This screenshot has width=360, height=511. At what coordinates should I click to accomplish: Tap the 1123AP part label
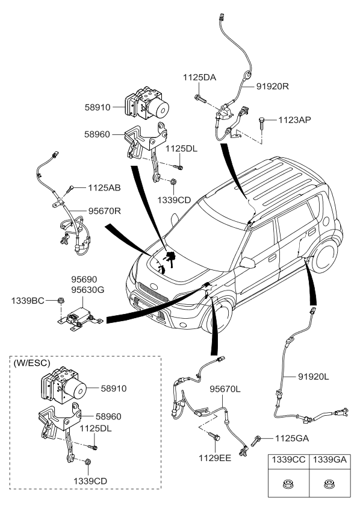tap(294, 120)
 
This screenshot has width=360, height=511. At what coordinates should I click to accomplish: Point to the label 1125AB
tap(104, 188)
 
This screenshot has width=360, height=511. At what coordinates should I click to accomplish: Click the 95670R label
tap(104, 212)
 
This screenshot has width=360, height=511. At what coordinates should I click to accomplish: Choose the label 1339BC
tap(27, 300)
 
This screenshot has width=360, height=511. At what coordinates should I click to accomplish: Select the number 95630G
tap(87, 290)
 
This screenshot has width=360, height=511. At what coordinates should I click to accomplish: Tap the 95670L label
tap(225, 390)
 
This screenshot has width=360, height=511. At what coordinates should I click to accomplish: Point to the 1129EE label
tap(216, 458)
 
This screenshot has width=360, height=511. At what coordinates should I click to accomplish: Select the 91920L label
tap(314, 377)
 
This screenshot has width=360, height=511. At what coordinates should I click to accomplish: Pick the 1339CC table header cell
tap(288, 459)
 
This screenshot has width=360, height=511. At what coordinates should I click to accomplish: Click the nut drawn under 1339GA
tap(329, 483)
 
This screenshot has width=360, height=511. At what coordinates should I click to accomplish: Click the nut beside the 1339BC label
tap(60, 300)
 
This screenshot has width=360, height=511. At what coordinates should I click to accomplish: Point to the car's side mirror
tap(246, 262)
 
